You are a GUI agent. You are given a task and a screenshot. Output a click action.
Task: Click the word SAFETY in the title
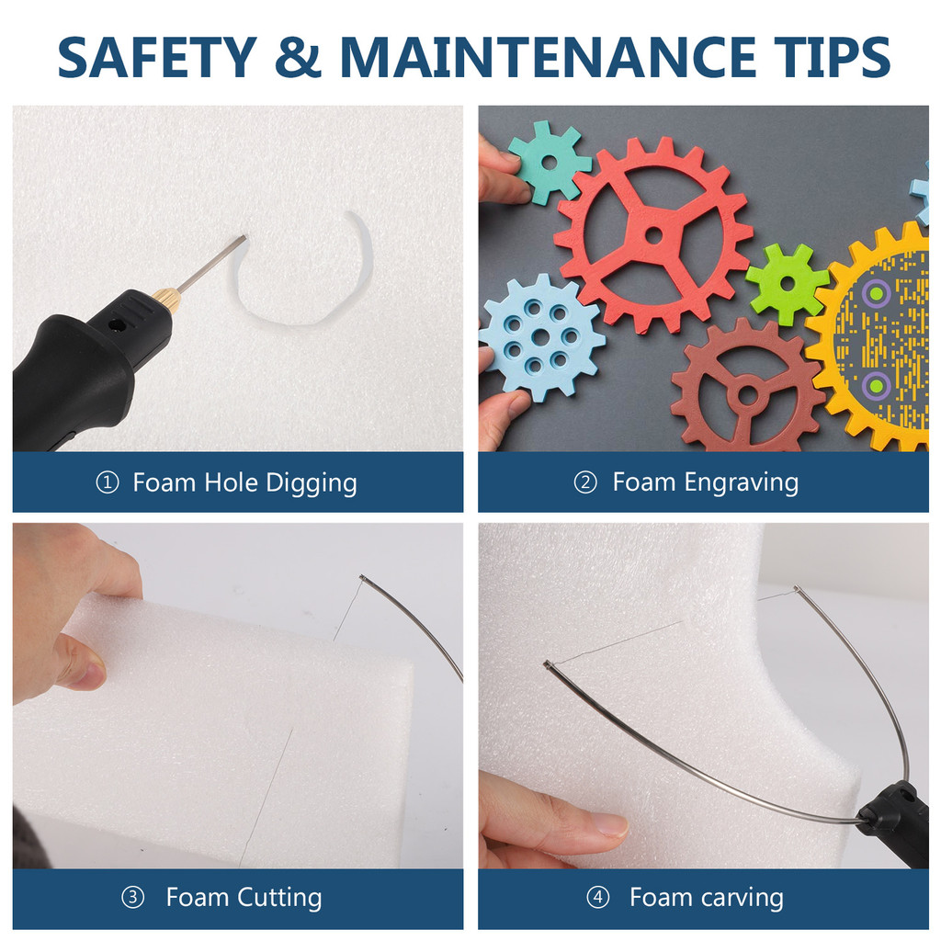pyautogui.click(x=157, y=57)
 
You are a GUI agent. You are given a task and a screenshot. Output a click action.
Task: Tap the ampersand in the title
pyautogui.click(x=299, y=57)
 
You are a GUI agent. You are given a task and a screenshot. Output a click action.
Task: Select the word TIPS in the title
pyautogui.click(x=832, y=57)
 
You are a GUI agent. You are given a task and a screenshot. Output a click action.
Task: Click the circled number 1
pyautogui.click(x=108, y=482)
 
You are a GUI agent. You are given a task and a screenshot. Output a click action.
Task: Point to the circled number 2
pyautogui.click(x=585, y=482)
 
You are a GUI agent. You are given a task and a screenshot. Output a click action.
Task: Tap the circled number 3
pyautogui.click(x=132, y=898)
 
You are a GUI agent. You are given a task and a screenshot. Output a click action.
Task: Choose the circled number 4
pyautogui.click(x=597, y=898)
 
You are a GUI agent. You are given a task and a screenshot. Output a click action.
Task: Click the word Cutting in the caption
pyautogui.click(x=279, y=899)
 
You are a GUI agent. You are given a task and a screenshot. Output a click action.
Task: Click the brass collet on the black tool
pyautogui.click(x=165, y=297)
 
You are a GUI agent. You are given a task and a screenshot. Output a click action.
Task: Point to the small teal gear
pyautogui.click(x=550, y=161)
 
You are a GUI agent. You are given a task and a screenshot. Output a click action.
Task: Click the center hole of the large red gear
pyautogui.click(x=653, y=234)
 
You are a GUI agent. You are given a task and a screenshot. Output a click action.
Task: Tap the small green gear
pyautogui.click(x=788, y=284)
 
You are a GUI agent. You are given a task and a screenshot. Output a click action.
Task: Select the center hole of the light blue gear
pyautogui.click(x=540, y=336)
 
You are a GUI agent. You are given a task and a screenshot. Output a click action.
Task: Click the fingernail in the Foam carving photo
pyautogui.click(x=611, y=825)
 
